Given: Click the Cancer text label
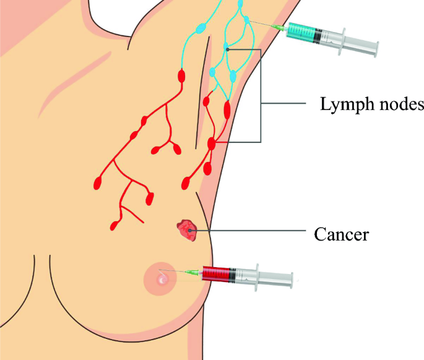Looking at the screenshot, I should coord(342,235).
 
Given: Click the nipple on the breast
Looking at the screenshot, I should coord(162,281).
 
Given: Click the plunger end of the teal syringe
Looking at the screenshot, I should coord(374,46).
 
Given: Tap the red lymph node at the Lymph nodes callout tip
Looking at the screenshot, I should coord(212,144).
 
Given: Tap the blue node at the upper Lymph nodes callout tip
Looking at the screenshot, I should coord(227,49).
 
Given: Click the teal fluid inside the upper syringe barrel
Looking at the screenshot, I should coord(303,33).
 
